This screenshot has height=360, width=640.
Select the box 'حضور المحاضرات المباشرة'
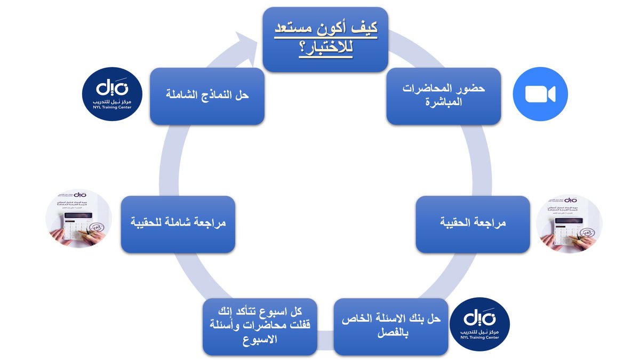[x=444, y=96]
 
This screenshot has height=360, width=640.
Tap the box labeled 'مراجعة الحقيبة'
[x=473, y=224]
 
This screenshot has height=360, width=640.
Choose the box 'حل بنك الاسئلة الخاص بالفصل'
[x=390, y=326]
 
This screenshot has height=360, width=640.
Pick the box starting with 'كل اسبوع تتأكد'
[x=260, y=326]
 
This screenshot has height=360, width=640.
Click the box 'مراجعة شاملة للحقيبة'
[x=178, y=224]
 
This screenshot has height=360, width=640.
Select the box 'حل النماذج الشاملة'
[x=207, y=96]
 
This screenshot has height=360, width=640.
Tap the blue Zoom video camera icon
[x=540, y=94]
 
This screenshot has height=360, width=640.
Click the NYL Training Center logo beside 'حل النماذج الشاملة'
[x=112, y=94]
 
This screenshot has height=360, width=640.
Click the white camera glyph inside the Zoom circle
[x=540, y=94]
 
